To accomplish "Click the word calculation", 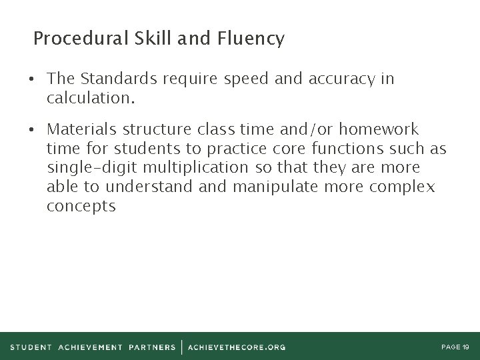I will tap(91, 99).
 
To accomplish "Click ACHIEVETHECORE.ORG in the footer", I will tap(237, 347).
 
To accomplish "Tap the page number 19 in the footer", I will tap(465, 347).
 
